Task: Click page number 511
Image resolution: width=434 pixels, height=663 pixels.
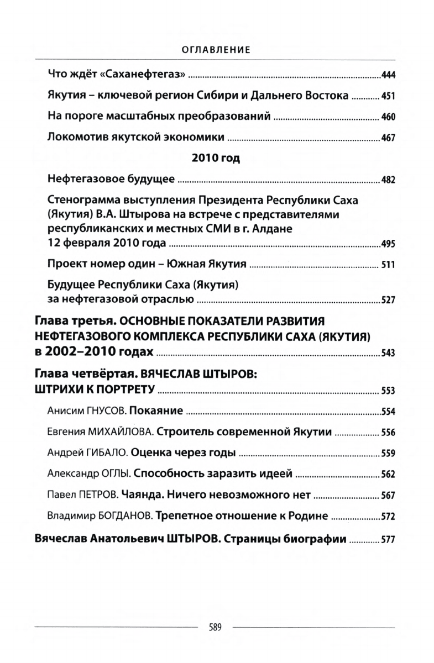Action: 388,265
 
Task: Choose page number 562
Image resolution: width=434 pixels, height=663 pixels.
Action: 388,475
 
